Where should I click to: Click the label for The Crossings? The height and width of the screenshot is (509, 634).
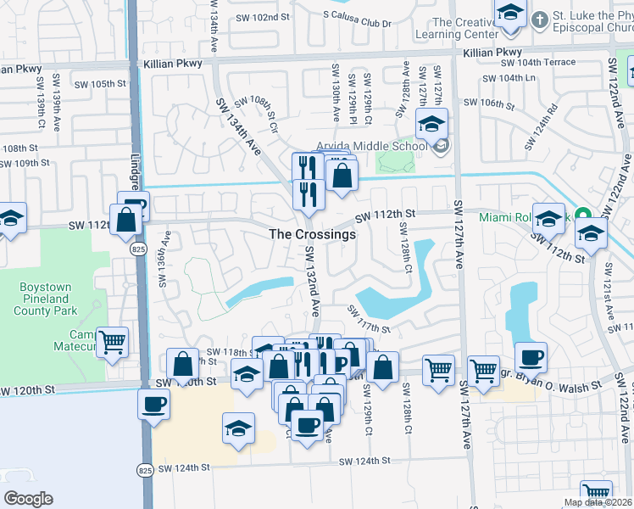pyautogui.click(x=313, y=234)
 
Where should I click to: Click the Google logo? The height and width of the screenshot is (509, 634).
pyautogui.click(x=29, y=498)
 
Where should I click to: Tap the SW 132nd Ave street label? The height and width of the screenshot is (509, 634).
pyautogui.click(x=314, y=279)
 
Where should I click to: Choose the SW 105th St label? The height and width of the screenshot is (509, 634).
pyautogui.click(x=99, y=84)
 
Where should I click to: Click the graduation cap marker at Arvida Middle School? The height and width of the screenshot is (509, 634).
pyautogui.click(x=431, y=125)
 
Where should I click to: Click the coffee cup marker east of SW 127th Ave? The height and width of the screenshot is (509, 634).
pyautogui.click(x=531, y=356)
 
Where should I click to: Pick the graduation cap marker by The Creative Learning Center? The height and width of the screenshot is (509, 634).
pyautogui.click(x=510, y=14)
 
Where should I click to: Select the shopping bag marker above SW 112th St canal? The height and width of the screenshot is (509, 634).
pyautogui.click(x=342, y=176)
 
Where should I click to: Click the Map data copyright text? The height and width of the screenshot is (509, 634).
pyautogui.click(x=597, y=502)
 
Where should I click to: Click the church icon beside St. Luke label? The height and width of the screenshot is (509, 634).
pyautogui.click(x=539, y=17)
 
